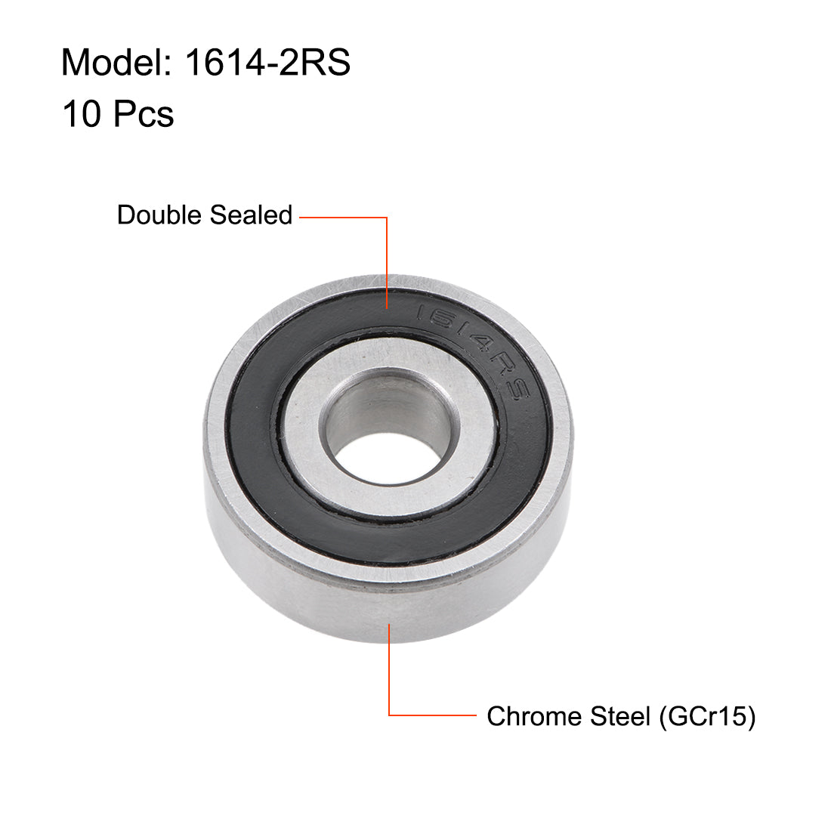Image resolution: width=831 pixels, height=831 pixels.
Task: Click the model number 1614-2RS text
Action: tap(267, 63)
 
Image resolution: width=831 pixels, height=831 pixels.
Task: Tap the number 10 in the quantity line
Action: tap(82, 115)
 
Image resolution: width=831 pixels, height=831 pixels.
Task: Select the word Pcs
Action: tap(144, 115)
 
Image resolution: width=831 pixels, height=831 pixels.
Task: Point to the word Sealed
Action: tap(251, 215)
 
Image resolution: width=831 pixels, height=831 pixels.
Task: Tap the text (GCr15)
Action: tap(707, 716)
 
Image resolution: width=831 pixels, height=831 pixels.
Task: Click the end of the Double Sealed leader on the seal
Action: tap(388, 307)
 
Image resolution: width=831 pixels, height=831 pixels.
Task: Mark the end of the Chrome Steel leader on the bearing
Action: tap(389, 624)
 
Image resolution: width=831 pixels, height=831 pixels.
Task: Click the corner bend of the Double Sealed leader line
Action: tap(388, 218)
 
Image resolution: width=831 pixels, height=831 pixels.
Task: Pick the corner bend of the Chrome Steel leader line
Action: tap(389, 715)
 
